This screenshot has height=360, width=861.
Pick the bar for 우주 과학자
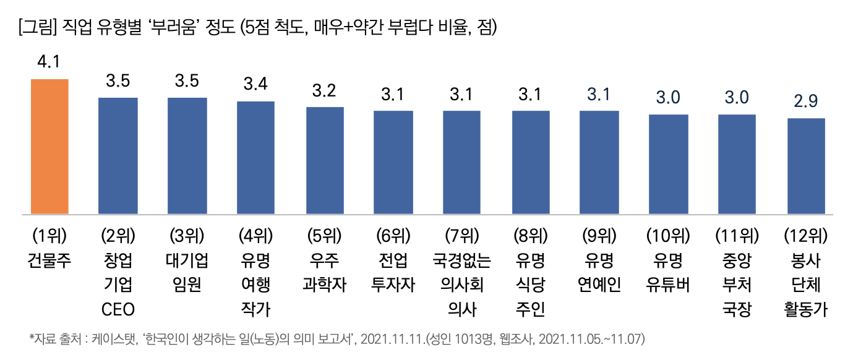(x=325, y=161)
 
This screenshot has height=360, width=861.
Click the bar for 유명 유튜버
(x=668, y=165)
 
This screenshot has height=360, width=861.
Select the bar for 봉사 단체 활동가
(x=806, y=166)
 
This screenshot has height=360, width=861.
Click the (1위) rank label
(x=49, y=236)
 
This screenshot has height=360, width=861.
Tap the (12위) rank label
(x=806, y=236)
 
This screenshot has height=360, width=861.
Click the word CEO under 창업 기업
(x=118, y=309)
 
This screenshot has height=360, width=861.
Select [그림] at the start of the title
(x=39, y=28)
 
